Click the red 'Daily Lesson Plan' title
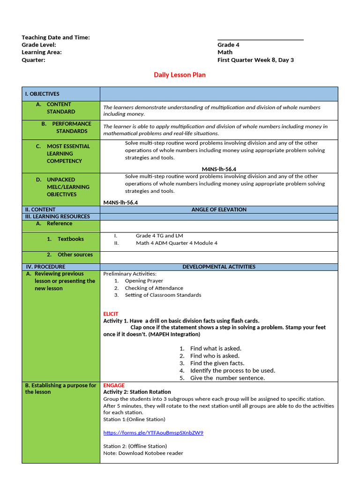pos(180,75)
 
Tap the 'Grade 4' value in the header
pos(228,45)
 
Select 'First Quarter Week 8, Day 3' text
pos(255,60)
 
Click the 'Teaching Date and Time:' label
pos(56,37)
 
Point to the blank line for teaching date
pos(260,39)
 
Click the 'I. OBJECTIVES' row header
pos(42,94)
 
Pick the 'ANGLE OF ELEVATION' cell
pos(219,210)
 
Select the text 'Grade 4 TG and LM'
pos(159,236)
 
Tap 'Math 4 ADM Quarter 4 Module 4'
pos(177,243)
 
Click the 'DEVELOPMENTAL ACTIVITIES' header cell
pos(219,267)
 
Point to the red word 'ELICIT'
pos(111,314)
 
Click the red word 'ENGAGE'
pos(114,385)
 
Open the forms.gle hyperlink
pos(153,433)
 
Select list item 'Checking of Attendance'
pos(154,288)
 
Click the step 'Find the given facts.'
pos(217,363)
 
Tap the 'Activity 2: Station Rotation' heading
pos(137,392)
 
